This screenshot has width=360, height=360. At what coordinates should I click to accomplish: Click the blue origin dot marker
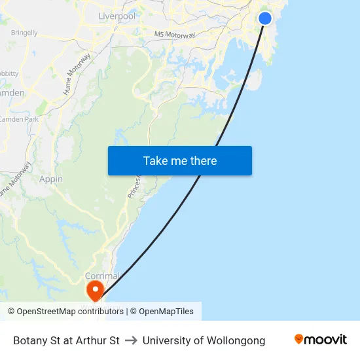click(x=265, y=18)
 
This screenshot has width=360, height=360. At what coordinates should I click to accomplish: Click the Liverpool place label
click(x=117, y=16)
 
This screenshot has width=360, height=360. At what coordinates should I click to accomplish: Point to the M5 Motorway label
click(x=175, y=34)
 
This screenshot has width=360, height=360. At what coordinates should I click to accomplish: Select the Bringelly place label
click(x=24, y=32)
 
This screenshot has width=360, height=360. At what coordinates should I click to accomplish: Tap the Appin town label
click(x=51, y=179)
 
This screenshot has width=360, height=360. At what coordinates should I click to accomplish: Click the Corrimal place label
click(x=101, y=276)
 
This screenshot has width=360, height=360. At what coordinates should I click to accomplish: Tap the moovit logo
click(x=321, y=340)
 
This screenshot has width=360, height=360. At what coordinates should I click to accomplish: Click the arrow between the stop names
click(x=131, y=340)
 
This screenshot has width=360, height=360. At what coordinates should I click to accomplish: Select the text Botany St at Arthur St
click(x=66, y=340)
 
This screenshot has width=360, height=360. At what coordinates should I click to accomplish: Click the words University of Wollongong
click(x=204, y=340)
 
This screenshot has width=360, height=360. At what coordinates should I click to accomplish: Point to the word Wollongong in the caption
click(x=235, y=340)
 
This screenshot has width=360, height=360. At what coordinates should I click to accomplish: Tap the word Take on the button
click(x=154, y=161)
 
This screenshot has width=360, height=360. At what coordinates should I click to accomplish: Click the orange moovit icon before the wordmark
click(x=299, y=340)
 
